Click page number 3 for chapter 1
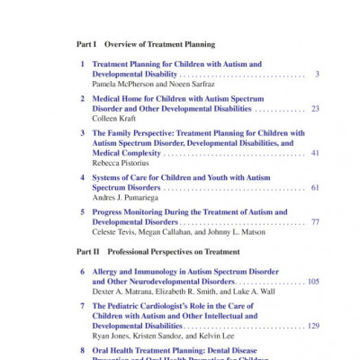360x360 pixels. (317, 74)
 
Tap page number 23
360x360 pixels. (315, 108)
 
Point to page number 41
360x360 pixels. (315, 153)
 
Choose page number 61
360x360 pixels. (315, 187)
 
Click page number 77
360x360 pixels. (315, 221)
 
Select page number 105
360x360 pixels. (312, 281)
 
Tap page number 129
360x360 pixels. (312, 325)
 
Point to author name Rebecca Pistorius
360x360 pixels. (121, 163)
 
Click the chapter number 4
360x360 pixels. (83, 177)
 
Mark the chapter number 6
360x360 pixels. (83, 271)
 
